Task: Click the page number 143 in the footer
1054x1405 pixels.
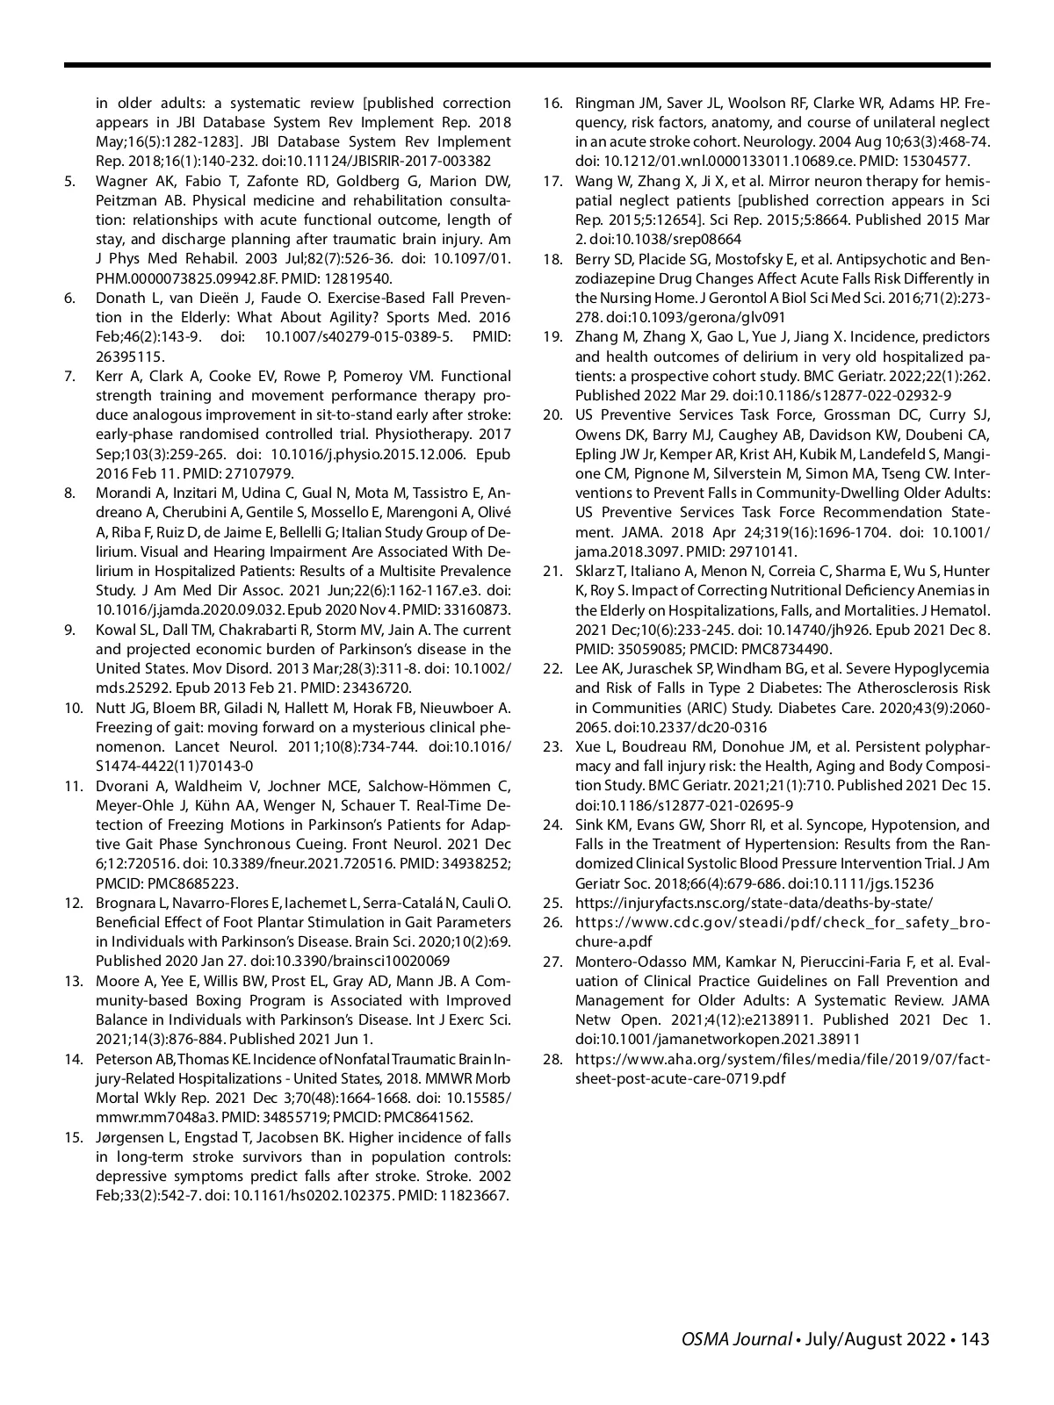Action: point(975,1339)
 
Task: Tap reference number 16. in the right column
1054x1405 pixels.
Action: point(552,104)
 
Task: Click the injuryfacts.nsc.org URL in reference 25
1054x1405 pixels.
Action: point(754,903)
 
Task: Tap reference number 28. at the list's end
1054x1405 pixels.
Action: point(552,1059)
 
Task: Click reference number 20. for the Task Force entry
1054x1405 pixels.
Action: point(552,414)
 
